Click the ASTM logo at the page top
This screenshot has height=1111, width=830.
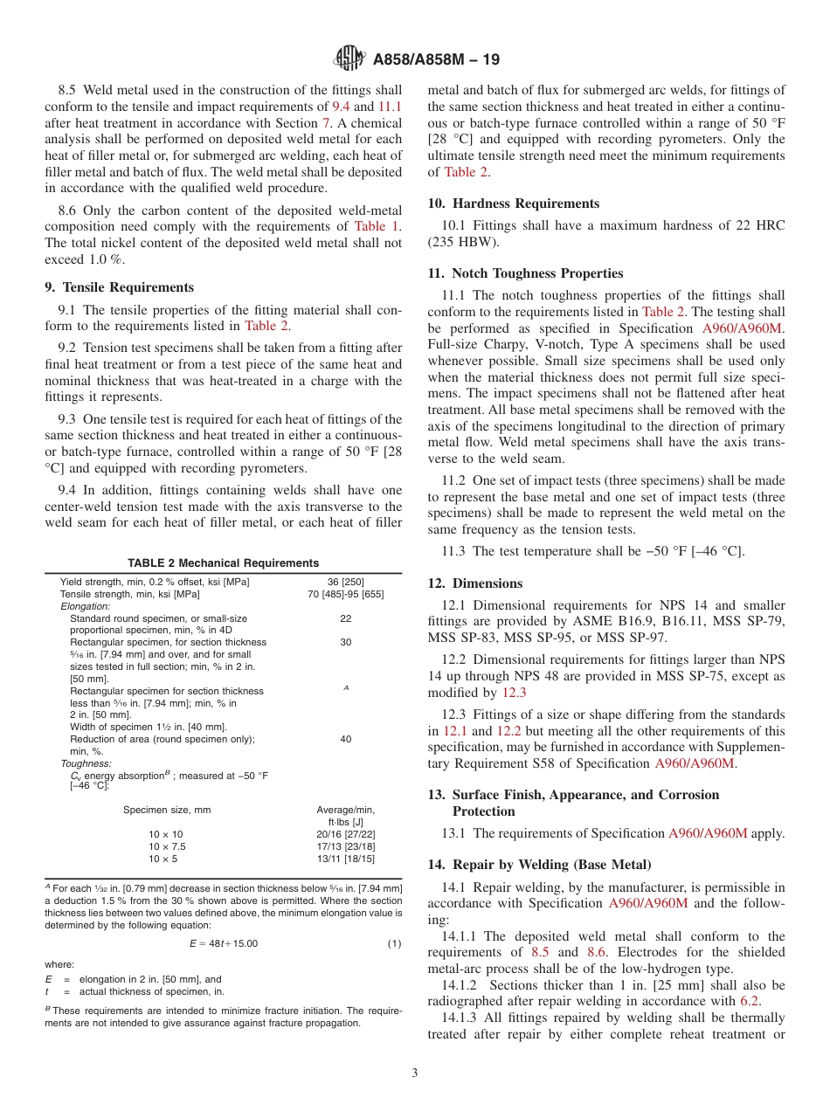350,59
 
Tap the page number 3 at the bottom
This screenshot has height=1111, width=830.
414,1073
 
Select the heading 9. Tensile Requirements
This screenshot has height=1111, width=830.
119,286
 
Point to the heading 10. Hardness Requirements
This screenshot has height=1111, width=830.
513,204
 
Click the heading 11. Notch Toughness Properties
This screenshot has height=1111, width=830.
525,273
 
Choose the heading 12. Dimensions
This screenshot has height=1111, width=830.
474,583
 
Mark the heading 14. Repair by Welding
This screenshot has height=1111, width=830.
539,865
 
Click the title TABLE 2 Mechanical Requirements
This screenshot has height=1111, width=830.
223,563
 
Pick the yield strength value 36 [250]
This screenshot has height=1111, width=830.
345,582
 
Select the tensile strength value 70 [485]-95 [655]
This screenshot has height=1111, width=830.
345,594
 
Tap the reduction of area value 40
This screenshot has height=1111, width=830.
345,739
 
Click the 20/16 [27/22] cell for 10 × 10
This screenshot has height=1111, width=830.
345,834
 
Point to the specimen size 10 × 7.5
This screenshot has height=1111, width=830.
167,846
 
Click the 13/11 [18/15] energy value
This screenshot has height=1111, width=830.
345,859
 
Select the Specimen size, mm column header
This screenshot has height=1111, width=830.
167,810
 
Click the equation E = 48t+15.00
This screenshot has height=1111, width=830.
223,943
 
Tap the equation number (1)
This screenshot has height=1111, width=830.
393,943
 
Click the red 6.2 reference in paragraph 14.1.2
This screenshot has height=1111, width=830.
750,1002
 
